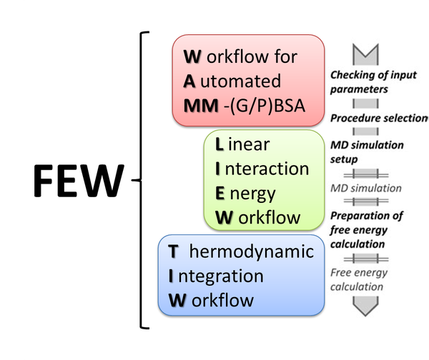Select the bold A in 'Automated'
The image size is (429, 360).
click(x=189, y=81)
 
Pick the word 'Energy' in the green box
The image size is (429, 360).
click(x=245, y=193)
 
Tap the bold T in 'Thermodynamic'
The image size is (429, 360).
click(x=173, y=251)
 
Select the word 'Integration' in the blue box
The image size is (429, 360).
click(x=216, y=275)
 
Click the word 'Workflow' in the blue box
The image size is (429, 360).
click(x=211, y=299)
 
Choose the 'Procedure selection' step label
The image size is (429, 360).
click(x=379, y=117)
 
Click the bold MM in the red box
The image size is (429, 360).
click(x=197, y=106)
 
